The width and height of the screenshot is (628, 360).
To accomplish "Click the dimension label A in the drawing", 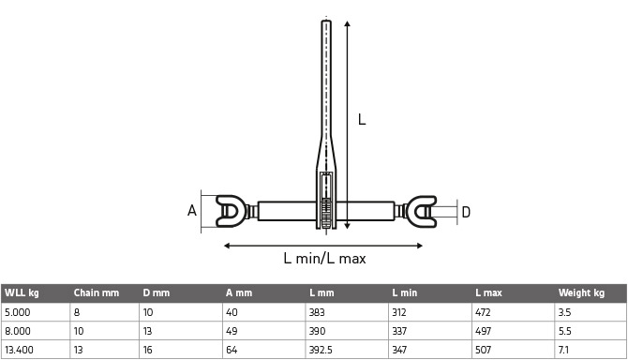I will [191, 211].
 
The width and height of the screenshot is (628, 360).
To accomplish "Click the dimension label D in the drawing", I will [466, 213].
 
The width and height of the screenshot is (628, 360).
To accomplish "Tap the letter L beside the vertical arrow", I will [362, 119].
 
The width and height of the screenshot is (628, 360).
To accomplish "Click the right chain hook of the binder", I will [423, 211].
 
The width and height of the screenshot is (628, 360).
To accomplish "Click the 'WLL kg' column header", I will [22, 293].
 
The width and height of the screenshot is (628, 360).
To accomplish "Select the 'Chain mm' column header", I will [97, 293].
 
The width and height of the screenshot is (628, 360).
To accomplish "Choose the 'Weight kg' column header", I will [581, 293].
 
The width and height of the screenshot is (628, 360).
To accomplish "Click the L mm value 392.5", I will [321, 351].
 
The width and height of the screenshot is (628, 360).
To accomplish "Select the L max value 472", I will [483, 312].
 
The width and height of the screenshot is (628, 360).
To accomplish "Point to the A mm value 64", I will [232, 351].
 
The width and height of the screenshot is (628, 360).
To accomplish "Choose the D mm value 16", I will [148, 351].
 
